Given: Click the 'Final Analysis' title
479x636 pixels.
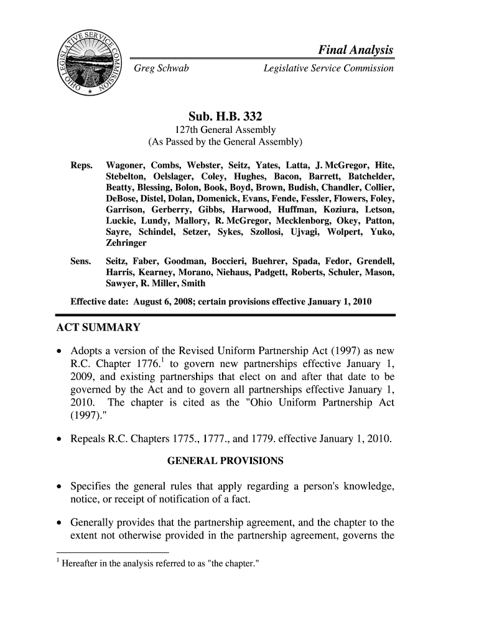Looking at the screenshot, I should coord(356,50).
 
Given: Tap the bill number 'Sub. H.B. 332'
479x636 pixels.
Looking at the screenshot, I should coord(225,116).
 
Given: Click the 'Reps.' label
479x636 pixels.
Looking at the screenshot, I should coord(82,166).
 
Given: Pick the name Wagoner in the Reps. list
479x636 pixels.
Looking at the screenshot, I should coord(127,166).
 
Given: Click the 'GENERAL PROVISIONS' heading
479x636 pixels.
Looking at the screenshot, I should coord(226,461).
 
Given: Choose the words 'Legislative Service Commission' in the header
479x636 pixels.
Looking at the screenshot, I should coord(328,68).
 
